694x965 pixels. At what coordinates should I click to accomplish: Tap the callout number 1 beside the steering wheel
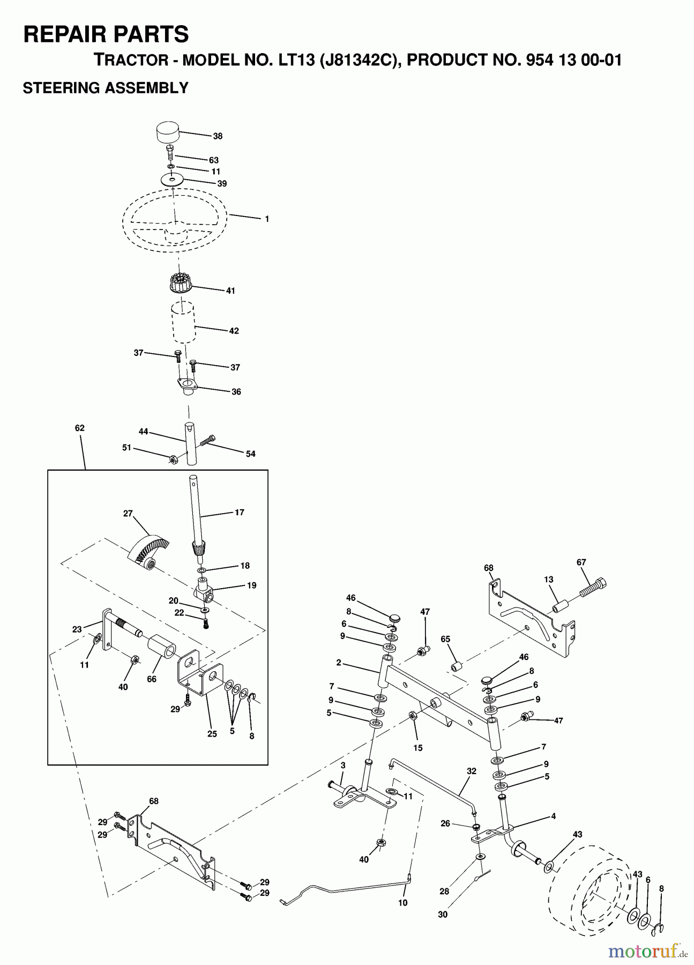click(266, 219)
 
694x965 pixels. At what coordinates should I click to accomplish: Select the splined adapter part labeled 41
click(180, 283)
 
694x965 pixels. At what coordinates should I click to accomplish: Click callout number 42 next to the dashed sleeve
click(234, 331)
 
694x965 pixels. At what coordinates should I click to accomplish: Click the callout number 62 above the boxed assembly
click(80, 428)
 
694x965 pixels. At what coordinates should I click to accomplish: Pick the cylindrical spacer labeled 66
click(162, 645)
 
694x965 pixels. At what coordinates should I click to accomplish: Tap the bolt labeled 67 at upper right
click(593, 589)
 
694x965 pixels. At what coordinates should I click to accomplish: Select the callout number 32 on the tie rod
click(471, 771)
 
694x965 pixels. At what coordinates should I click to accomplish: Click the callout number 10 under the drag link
click(402, 902)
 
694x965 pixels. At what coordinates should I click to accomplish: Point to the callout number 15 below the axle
click(417, 748)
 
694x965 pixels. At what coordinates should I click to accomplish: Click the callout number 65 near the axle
click(445, 639)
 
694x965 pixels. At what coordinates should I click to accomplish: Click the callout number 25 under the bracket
click(212, 733)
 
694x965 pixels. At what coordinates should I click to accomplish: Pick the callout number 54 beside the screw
click(250, 454)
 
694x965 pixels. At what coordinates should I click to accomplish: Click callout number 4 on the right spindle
click(553, 816)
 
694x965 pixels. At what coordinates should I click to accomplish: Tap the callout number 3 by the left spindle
click(342, 764)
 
